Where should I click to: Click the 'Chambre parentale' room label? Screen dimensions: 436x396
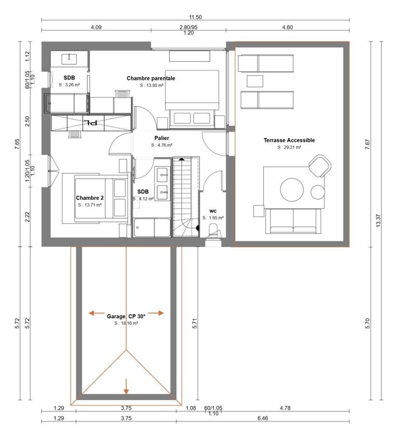pos(150,78)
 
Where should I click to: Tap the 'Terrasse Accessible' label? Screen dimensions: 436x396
pos(289,140)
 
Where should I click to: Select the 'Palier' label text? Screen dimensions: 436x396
pos(162,138)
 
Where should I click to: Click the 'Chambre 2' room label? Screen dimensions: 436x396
pos(90,197)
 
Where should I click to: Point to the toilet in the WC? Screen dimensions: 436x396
pos(213,230)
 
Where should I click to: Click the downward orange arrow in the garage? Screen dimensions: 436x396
pos(126,386)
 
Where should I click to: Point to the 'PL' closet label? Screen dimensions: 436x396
pos(91,122)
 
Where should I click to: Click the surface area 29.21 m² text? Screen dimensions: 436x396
pos(289,147)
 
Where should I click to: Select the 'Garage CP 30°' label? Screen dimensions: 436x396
pos(126,316)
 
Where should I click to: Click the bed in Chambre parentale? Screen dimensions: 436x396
pos(192,97)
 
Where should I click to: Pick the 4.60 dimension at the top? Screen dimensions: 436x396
pos(287,27)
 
